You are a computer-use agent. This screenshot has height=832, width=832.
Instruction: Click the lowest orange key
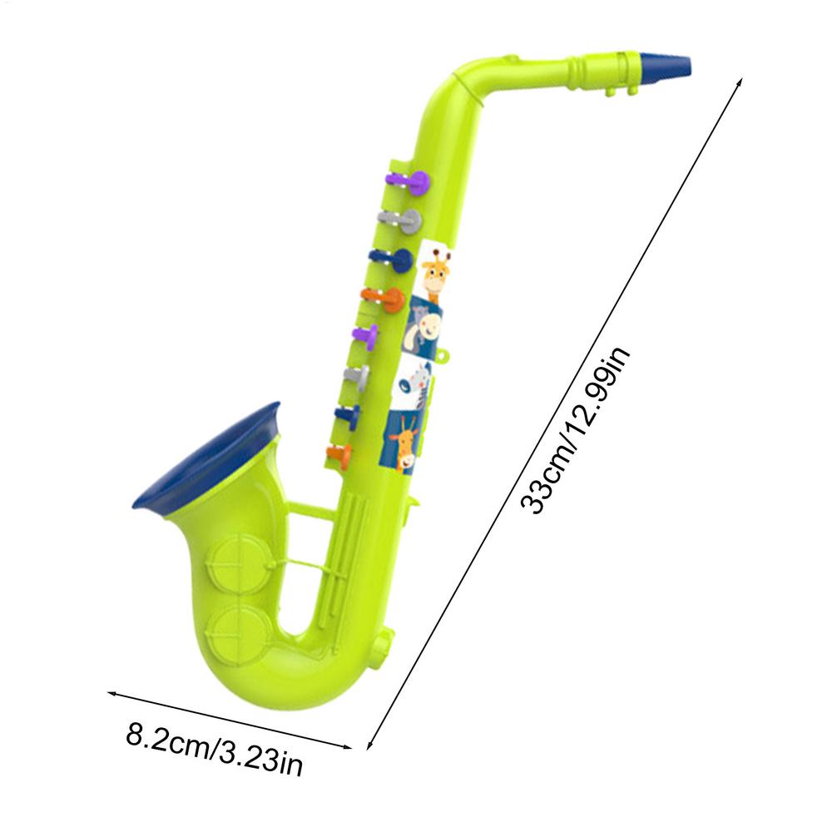(340, 454)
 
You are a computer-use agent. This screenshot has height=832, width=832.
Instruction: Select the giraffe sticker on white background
(436, 270)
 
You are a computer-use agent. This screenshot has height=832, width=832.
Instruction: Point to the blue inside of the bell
(205, 458)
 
